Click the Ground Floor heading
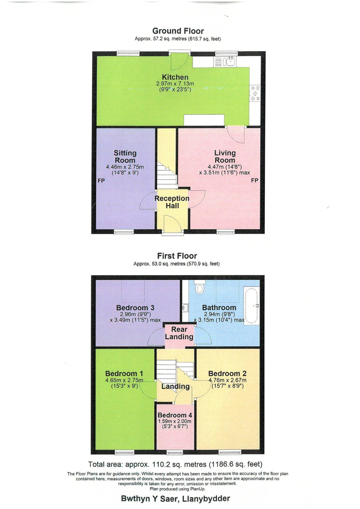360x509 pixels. (178, 31)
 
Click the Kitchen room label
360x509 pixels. (175, 77)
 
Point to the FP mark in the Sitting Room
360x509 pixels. (101, 181)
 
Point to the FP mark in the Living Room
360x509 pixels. (254, 181)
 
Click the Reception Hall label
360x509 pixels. (172, 202)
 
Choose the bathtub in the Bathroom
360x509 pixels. (251, 305)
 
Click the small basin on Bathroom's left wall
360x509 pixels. (185, 308)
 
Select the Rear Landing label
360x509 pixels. (179, 333)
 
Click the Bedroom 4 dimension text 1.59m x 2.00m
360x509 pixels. (174, 421)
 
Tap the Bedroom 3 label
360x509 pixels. (135, 308)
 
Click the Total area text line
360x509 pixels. (175, 464)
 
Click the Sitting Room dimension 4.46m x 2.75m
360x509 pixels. (125, 167)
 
